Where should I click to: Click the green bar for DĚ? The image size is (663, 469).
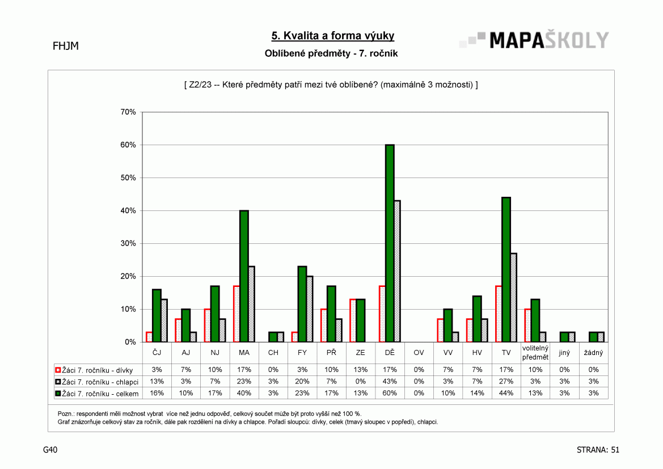pos(390,243)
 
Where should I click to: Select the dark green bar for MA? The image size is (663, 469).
pos(244,276)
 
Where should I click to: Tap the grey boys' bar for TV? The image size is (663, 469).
pos(514,298)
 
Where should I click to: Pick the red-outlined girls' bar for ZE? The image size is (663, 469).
pos(353,320)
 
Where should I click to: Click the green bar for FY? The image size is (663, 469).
pos(302,304)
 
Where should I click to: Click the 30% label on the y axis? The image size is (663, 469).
pos(128,244)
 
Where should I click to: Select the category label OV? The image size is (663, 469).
pos(419,353)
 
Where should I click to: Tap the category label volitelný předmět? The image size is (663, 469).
pos(535,353)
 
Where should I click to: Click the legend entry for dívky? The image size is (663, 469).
pos(94,370)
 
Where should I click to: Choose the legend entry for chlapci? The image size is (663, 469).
pos(97,382)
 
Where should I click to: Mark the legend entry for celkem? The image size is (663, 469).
pos(97,394)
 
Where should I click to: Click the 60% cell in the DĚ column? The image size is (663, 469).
pos(390,394)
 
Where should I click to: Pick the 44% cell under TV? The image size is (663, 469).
pos(506,394)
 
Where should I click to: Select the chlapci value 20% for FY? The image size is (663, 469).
pos(302,382)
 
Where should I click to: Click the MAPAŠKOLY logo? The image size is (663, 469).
pos(534,40)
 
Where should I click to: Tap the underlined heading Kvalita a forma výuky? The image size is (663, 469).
pos(333,36)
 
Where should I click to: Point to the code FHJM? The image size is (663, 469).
pos(66,46)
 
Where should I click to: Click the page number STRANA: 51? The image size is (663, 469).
pos(598,450)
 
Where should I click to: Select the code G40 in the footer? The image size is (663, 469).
pos(50,450)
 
